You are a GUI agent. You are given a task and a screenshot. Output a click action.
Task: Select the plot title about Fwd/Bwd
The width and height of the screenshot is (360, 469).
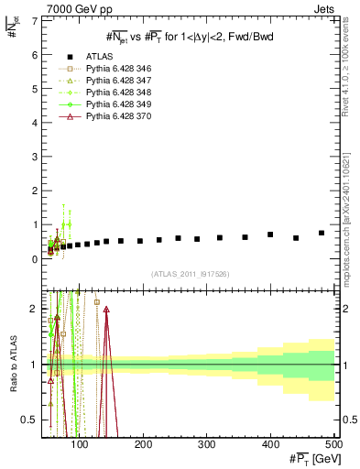pyautogui.click(x=189, y=36)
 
